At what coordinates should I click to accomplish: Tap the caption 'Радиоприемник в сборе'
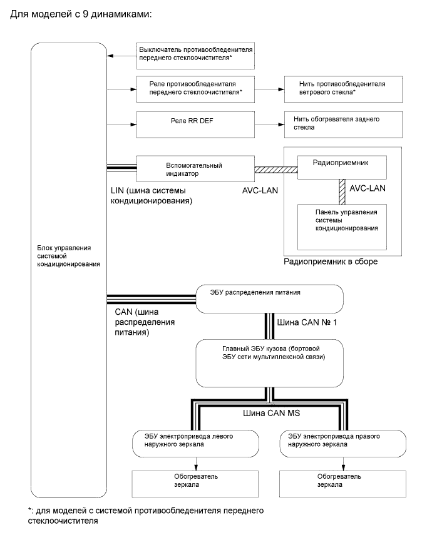point(331,261)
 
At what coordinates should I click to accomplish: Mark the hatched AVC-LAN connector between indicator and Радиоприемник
point(275,169)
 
